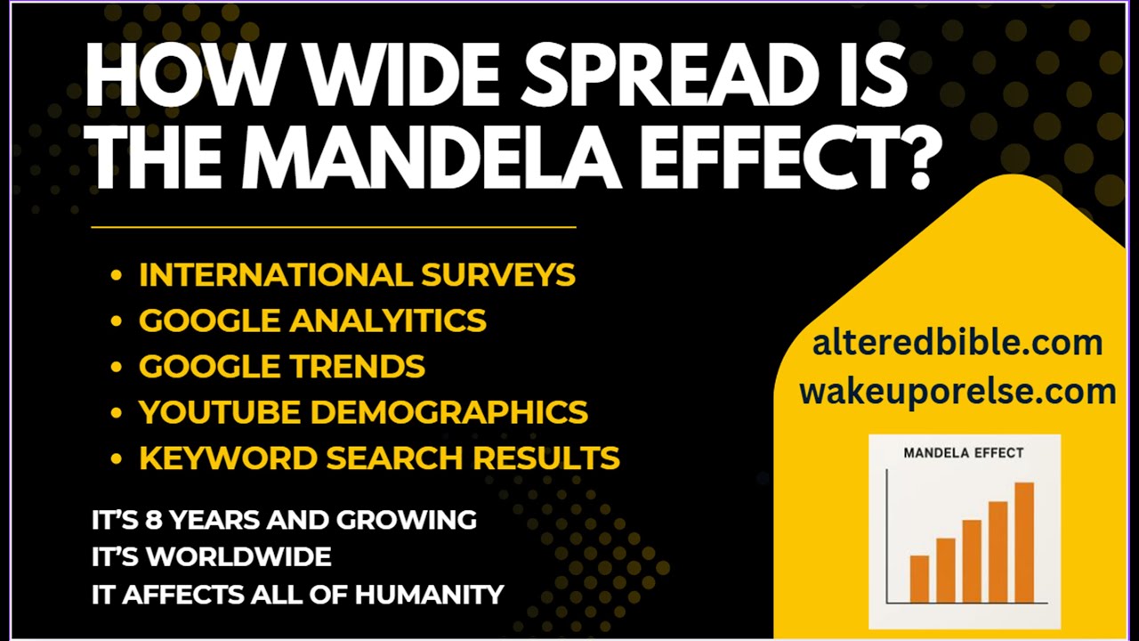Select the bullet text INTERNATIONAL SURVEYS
pyautogui.click(x=357, y=275)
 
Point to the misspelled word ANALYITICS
pyautogui.click(x=388, y=320)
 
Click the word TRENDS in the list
pyautogui.click(x=358, y=366)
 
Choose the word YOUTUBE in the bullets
pyautogui.click(x=220, y=411)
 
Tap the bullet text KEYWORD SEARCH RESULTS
pyautogui.click(x=379, y=458)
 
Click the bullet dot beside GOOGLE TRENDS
pyautogui.click(x=117, y=367)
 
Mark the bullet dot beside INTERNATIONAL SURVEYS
pyautogui.click(x=117, y=275)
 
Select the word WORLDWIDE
pyautogui.click(x=239, y=557)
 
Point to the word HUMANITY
pyautogui.click(x=429, y=595)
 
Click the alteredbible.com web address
pyautogui.click(x=957, y=343)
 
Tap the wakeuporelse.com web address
pyautogui.click(x=957, y=393)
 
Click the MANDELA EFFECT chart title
pyautogui.click(x=964, y=453)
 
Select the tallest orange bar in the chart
pyautogui.click(x=1024, y=543)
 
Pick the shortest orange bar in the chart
pyautogui.click(x=919, y=580)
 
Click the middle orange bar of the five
pyautogui.click(x=972, y=562)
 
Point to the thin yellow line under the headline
pyautogui.click(x=334, y=227)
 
